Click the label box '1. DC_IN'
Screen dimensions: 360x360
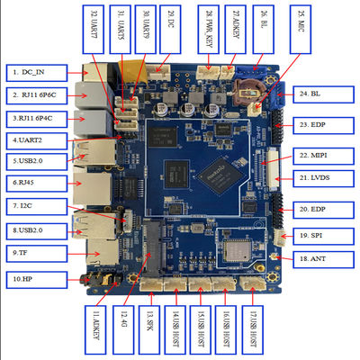pyautogui.click(x=33, y=70)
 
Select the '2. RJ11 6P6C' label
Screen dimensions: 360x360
pyautogui.click(x=36, y=94)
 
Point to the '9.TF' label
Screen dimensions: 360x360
pyautogui.click(x=33, y=255)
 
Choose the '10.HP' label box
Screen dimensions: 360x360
pyautogui.click(x=33, y=280)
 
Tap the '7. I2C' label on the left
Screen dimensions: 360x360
pyautogui.click(x=33, y=206)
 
